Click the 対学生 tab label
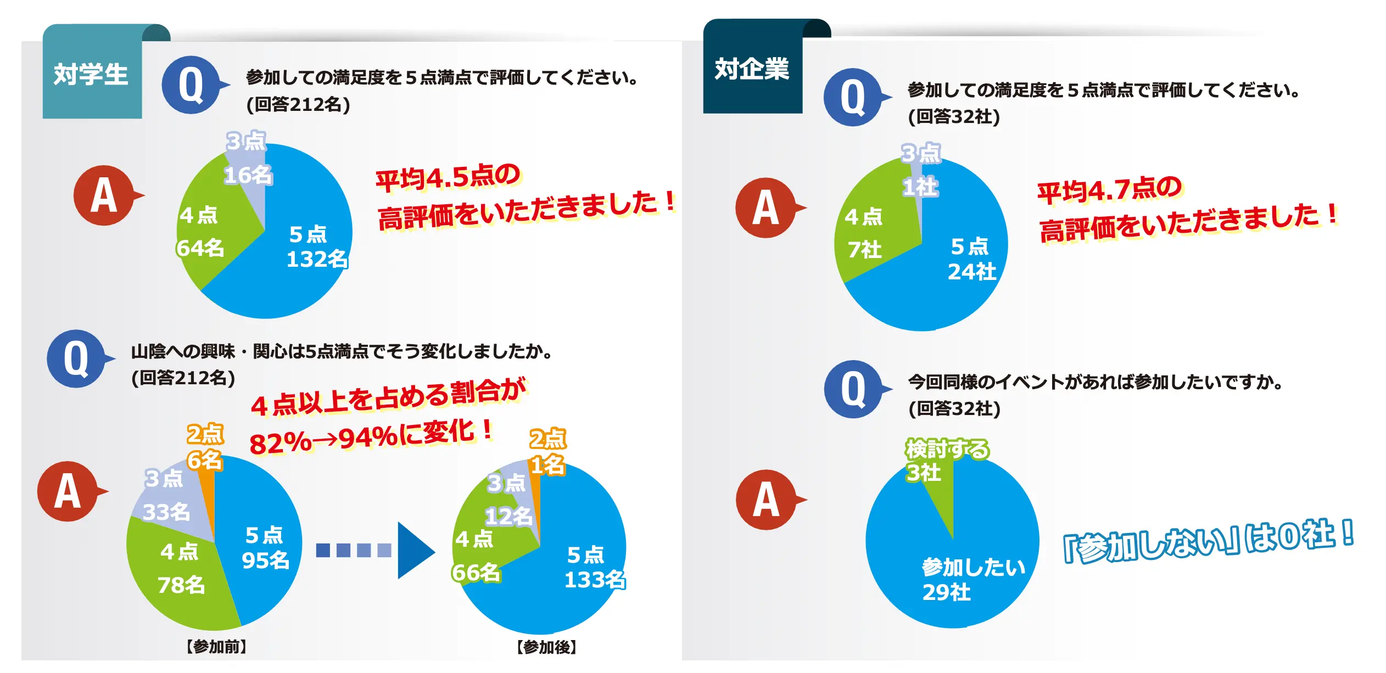(91, 74)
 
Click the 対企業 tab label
(751, 69)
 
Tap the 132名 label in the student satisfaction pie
(317, 259)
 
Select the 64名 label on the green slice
(200, 248)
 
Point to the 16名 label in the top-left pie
(248, 175)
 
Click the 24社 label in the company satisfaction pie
(972, 272)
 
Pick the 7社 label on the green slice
(865, 250)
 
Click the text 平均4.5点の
(448, 177)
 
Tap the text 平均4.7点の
(1109, 190)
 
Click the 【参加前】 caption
(216, 647)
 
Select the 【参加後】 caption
(546, 647)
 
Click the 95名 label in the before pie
(265, 560)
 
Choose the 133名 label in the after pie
(595, 580)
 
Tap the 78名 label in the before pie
(181, 585)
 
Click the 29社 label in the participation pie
(947, 592)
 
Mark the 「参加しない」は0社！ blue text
(1208, 541)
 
